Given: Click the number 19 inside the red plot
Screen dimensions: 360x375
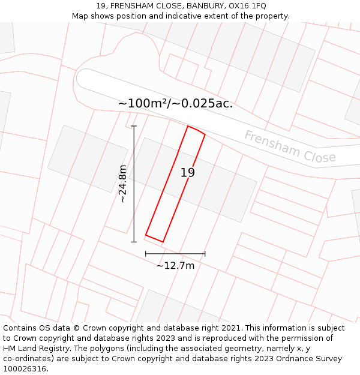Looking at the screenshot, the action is (x=188, y=173).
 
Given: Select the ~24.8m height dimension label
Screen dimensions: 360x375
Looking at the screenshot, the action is (x=122, y=184).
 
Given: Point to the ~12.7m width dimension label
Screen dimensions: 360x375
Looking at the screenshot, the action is (x=175, y=265).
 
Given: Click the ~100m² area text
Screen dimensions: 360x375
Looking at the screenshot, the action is (x=143, y=103).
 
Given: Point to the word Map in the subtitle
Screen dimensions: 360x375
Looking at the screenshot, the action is (x=80, y=16).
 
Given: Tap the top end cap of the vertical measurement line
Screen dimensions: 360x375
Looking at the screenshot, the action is (x=134, y=126).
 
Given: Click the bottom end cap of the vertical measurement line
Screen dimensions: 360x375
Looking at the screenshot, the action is (x=134, y=242).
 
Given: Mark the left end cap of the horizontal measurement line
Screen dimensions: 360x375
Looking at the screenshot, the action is (x=146, y=254).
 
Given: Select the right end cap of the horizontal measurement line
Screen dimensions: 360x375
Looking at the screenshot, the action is (x=205, y=254).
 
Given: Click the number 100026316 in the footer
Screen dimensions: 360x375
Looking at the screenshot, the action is (x=24, y=368).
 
